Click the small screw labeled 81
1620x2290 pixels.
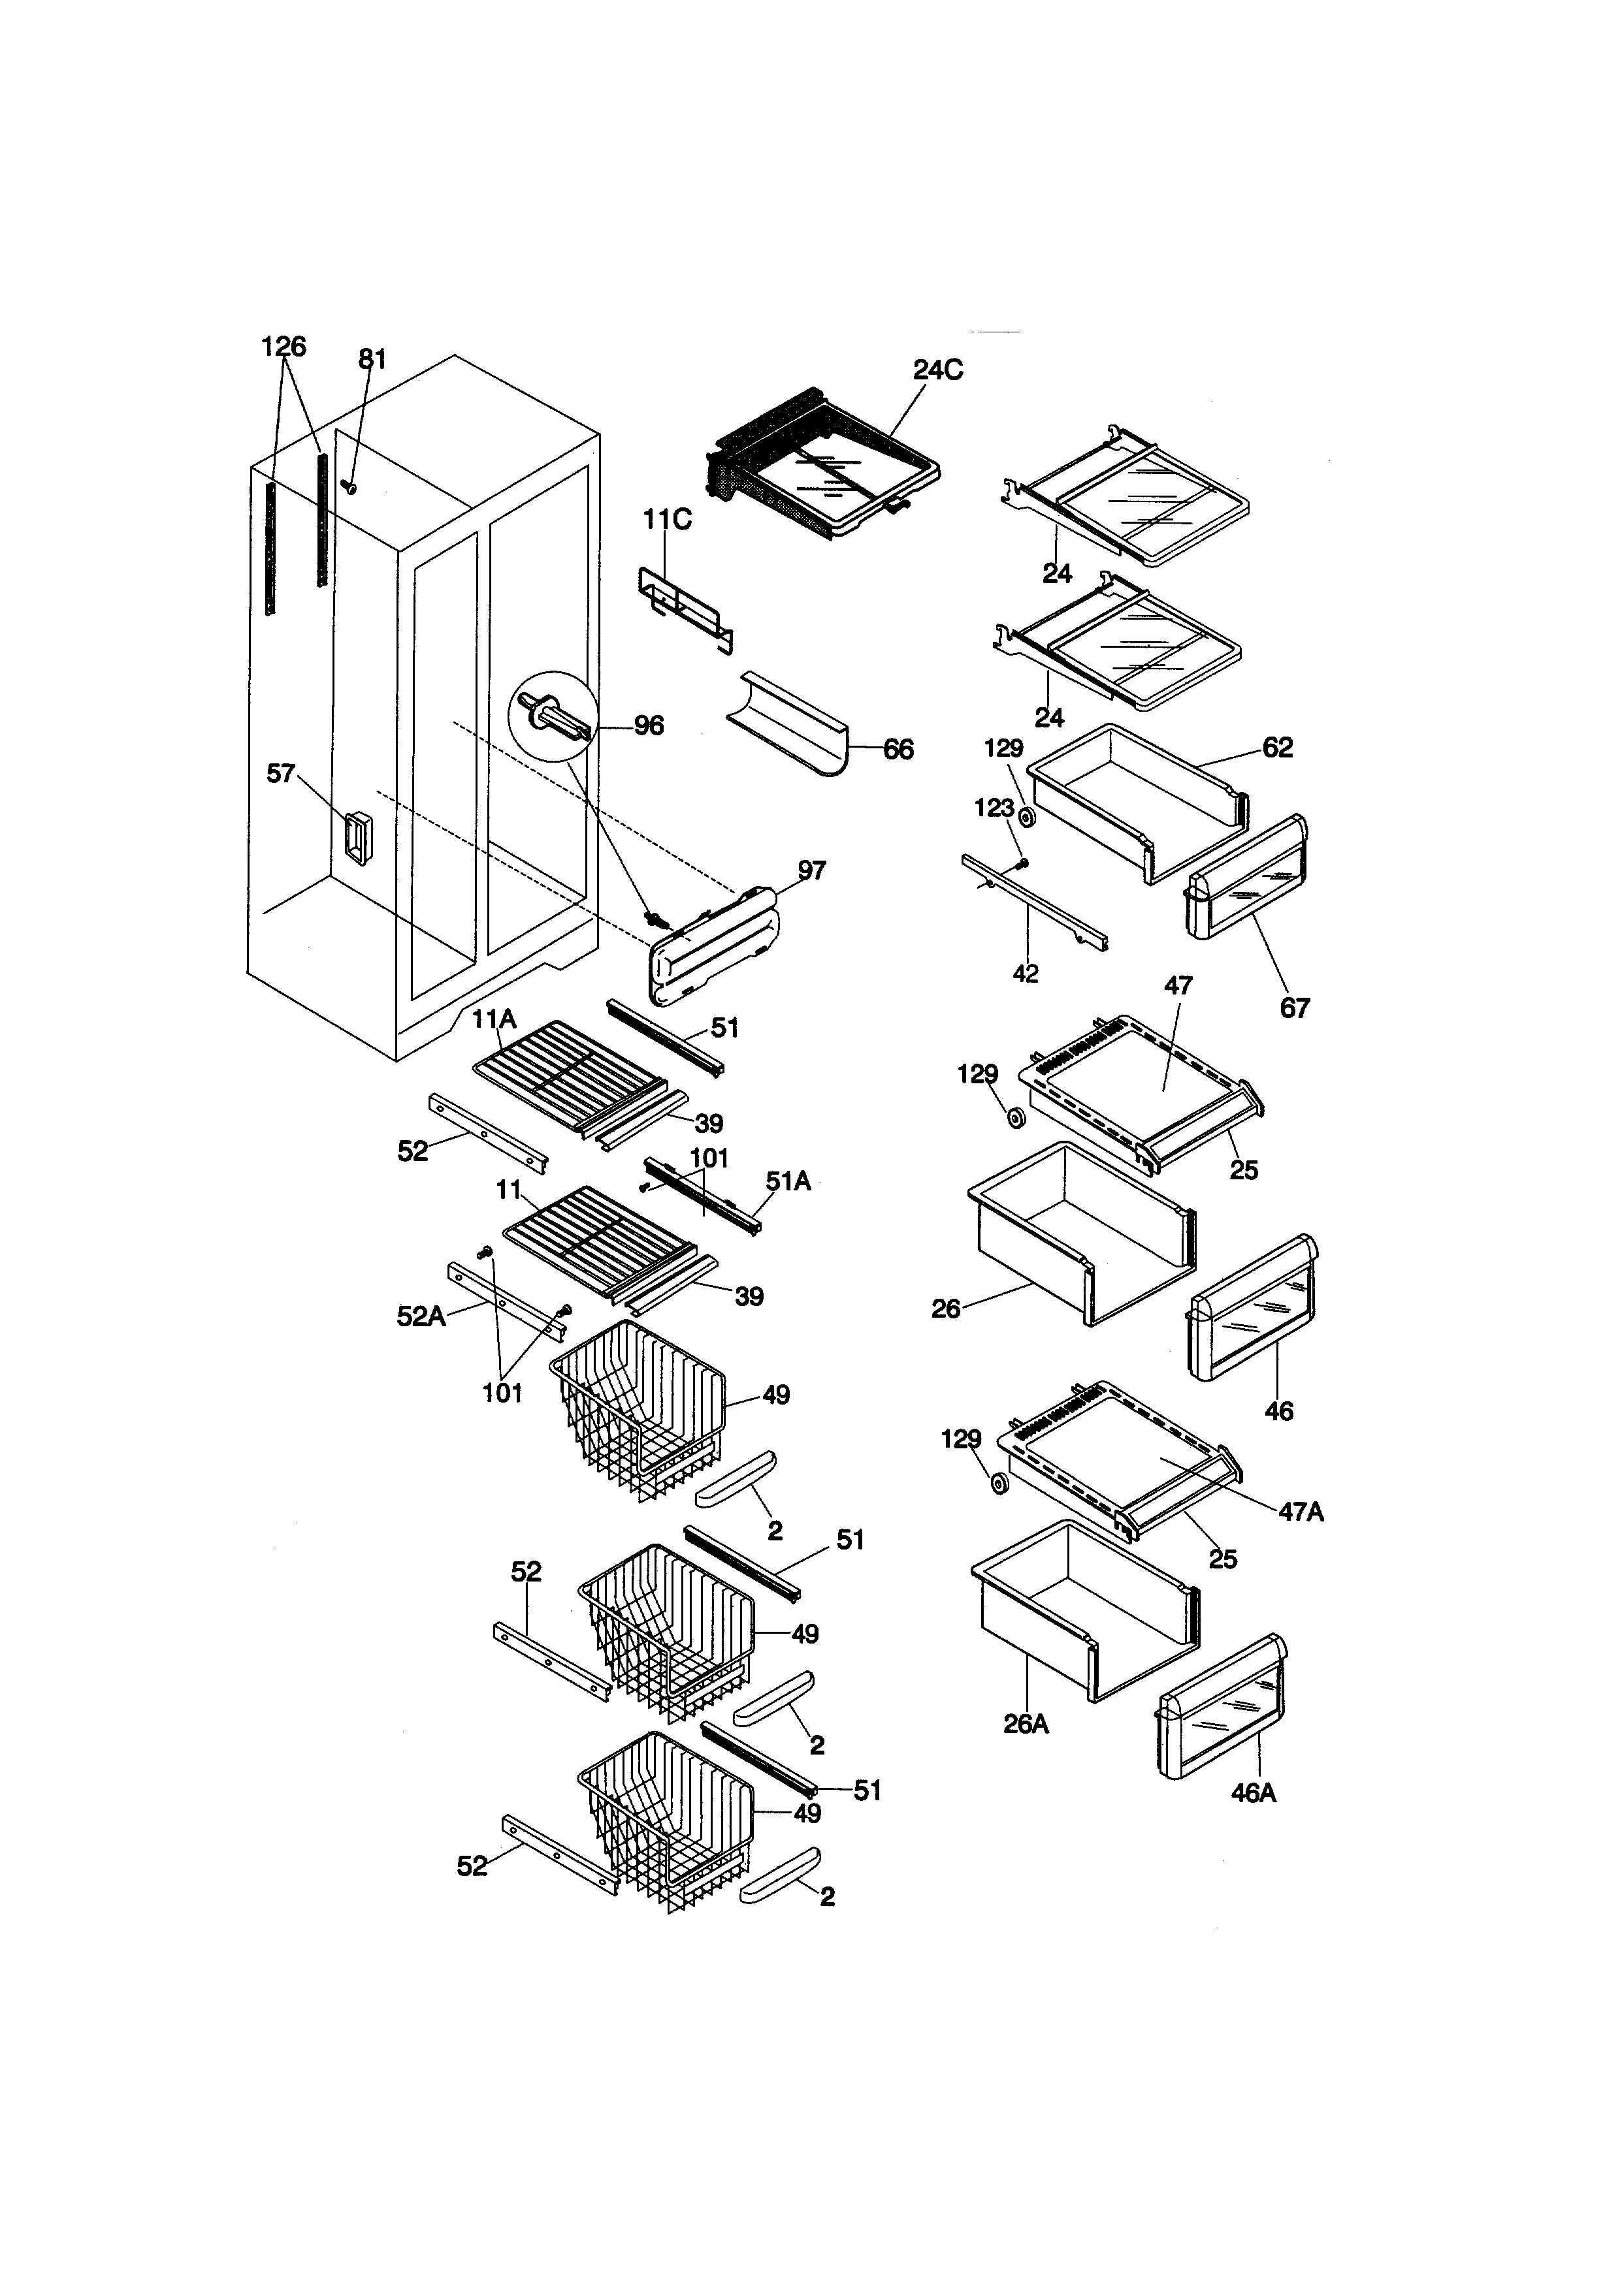(x=349, y=486)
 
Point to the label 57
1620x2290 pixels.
(x=282, y=773)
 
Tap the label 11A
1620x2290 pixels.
(x=494, y=1019)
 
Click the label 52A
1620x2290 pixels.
(x=421, y=1316)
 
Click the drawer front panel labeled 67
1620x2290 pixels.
(x=1247, y=878)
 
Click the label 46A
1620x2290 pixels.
(x=1253, y=1792)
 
